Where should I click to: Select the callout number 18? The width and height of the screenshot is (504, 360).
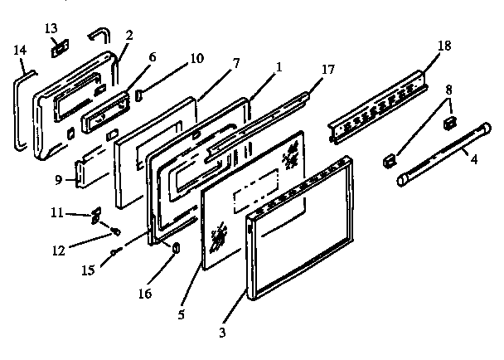444,45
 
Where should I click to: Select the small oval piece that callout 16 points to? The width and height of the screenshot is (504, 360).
176,249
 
